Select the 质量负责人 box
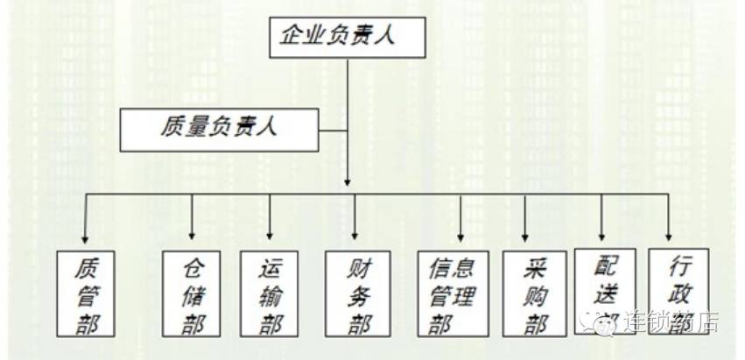[x=218, y=128]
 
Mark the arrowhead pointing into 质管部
[x=85, y=236]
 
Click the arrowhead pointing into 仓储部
[x=192, y=236]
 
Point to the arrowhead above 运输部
[x=270, y=236]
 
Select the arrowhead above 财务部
[x=355, y=236]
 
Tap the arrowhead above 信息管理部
[x=460, y=236]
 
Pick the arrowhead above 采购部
[x=525, y=236]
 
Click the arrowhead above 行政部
[x=669, y=236]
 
